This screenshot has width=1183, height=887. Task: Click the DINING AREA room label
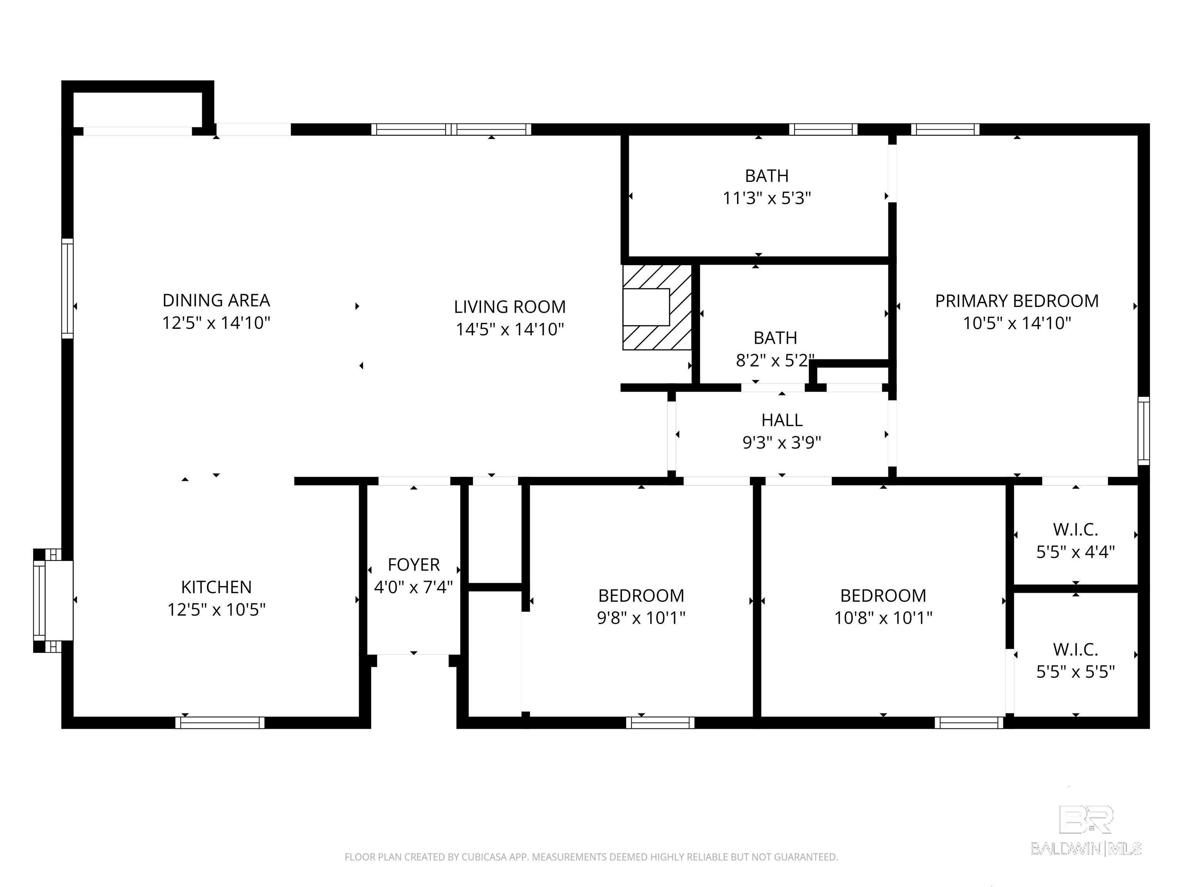coord(216,300)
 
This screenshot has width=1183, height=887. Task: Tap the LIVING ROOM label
coord(510,307)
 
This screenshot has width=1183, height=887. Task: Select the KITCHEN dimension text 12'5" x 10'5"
coord(216,609)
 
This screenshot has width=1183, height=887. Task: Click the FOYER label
coord(414,565)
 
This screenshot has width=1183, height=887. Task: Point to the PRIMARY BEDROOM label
coord(1017,301)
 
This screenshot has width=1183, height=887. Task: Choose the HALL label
coord(782,420)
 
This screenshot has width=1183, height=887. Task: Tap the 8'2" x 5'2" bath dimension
coord(775,360)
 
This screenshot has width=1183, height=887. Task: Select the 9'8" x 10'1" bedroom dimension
coord(641,618)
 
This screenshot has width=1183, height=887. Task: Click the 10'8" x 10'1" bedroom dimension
coord(883,618)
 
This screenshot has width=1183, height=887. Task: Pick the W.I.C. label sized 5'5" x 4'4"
coord(1076,530)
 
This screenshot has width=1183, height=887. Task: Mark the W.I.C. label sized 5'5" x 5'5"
coord(1076,649)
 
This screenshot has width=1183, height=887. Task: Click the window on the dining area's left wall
coord(67,288)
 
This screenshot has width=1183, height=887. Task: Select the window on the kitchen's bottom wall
coord(220,723)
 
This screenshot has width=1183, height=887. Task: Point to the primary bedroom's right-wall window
coord(1143,431)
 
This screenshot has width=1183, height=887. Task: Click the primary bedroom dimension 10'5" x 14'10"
coord(1017,323)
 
